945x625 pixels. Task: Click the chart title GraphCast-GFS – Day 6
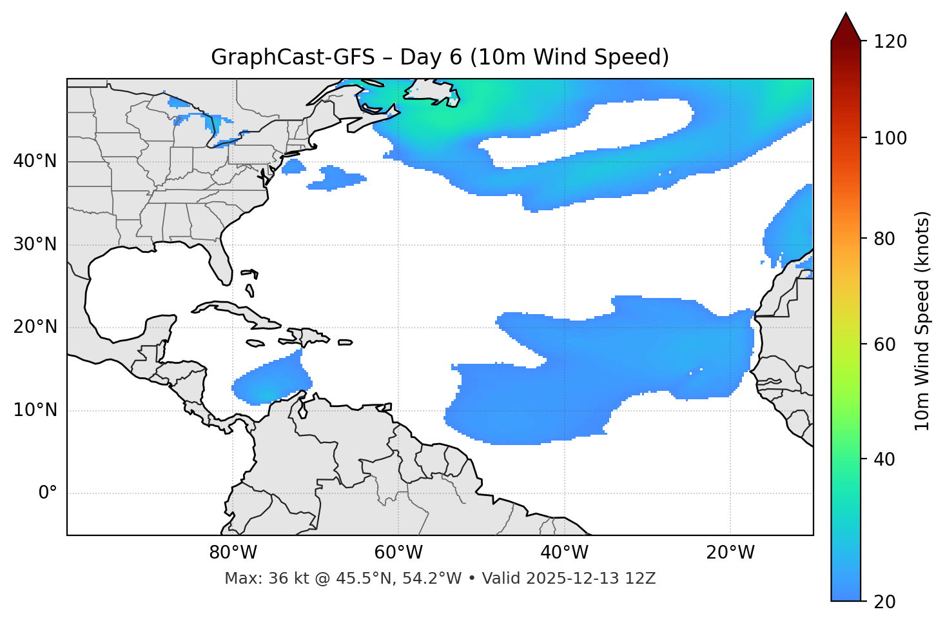point(440,57)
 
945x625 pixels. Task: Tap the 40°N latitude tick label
point(35,161)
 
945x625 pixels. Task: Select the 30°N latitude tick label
point(35,244)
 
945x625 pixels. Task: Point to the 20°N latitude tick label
point(35,327)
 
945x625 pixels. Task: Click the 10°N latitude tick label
point(35,410)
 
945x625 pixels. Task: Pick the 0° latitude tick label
point(48,493)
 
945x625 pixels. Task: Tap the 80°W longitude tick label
point(233,553)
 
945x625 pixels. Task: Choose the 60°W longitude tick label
point(398,553)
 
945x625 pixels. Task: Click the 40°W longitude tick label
point(564,553)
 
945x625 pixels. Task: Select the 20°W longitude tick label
point(730,553)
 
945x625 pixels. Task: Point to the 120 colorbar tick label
point(890,42)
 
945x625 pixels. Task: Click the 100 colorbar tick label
point(890,138)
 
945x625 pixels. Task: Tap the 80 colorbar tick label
point(885,239)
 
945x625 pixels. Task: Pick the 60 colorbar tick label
point(885,344)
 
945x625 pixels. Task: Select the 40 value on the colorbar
point(885,459)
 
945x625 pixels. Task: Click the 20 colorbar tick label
point(885,602)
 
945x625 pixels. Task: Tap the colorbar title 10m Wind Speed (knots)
point(922,321)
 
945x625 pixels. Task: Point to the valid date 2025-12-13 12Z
point(590,579)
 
